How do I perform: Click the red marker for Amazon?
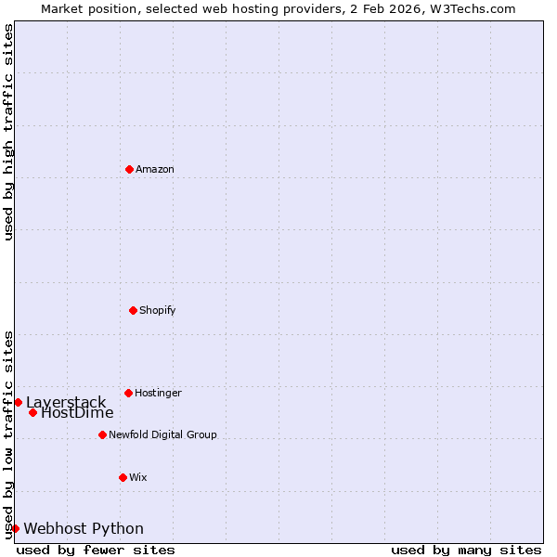point(129,169)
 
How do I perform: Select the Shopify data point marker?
point(133,310)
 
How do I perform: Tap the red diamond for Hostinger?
point(128,393)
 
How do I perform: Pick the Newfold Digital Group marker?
point(102,434)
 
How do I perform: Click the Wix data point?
point(123,477)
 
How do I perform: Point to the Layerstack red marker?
point(18,402)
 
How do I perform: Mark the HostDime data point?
point(32,412)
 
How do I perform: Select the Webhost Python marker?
point(15,528)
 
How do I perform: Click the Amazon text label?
point(154,169)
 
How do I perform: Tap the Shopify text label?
point(157,310)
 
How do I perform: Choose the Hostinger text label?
point(158,393)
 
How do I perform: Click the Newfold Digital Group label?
point(162,434)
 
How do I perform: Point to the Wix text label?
point(137,477)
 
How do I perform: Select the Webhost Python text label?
point(84,528)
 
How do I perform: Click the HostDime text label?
point(77,413)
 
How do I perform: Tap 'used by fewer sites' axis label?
point(96,550)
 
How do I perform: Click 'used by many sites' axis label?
point(466,550)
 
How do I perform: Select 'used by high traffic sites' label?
point(8,132)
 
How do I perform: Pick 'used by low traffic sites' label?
point(8,434)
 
